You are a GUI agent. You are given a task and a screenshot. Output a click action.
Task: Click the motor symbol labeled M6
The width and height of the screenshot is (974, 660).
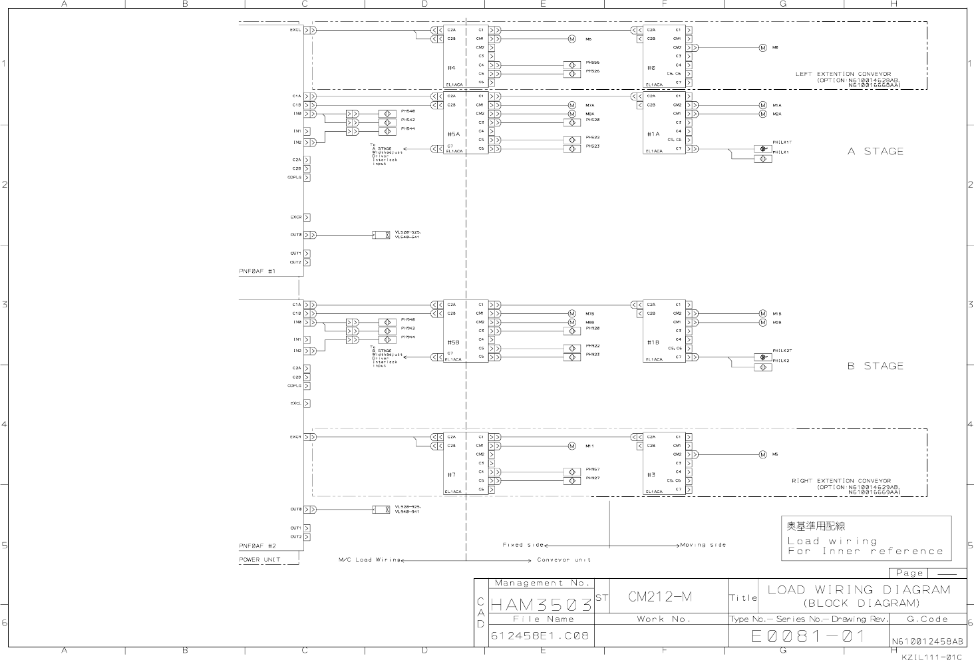click(571, 39)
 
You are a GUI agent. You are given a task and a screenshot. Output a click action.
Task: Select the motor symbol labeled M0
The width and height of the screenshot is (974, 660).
click(763, 48)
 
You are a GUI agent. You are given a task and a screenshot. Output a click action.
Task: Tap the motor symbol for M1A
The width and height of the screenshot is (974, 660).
click(763, 105)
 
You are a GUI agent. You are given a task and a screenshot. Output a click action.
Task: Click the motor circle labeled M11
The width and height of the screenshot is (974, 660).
click(571, 446)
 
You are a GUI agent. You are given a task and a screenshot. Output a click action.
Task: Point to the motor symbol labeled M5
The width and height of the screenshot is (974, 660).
click(763, 455)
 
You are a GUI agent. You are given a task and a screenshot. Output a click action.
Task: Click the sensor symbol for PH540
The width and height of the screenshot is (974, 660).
click(387, 114)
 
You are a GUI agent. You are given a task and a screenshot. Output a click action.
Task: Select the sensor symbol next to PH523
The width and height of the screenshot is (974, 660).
click(571, 148)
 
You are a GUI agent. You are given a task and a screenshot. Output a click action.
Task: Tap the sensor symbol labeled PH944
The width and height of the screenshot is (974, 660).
click(387, 339)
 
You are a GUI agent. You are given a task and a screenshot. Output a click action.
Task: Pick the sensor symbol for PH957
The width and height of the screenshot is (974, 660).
click(571, 472)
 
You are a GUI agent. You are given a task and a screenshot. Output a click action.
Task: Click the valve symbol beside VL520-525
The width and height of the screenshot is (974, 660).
click(381, 235)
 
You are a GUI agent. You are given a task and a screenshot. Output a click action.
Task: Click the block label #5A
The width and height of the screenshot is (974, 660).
click(453, 134)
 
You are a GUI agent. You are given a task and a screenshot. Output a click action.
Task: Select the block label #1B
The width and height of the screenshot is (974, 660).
click(653, 342)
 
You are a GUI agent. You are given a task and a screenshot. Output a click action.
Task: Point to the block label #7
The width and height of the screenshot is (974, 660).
click(451, 474)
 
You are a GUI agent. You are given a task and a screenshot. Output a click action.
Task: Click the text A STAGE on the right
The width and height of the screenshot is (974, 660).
click(876, 152)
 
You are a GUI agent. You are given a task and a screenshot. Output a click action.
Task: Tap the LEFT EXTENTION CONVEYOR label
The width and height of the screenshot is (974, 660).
click(843, 75)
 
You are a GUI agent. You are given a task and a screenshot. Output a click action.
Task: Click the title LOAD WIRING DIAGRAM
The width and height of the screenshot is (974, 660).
click(859, 589)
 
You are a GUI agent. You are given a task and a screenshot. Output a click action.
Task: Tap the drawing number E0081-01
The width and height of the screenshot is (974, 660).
click(808, 636)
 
